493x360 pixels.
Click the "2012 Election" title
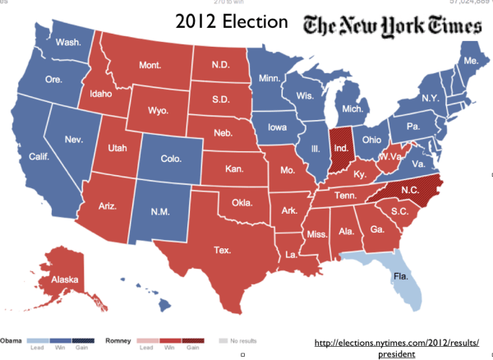coord(228,23)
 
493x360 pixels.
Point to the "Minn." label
coord(270,79)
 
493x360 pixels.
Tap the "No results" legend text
coord(244,339)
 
